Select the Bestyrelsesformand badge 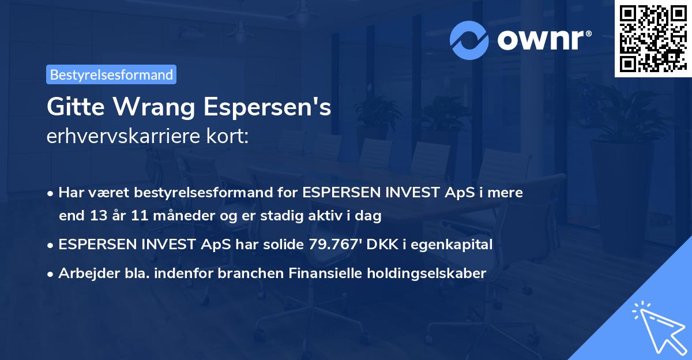click(111, 74)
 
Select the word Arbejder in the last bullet click(84, 273)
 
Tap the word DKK click(383, 245)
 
